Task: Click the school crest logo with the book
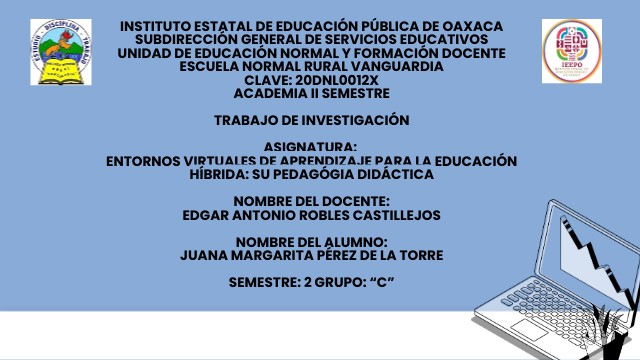[60, 52]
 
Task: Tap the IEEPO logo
[572, 50]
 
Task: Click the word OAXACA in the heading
[469, 25]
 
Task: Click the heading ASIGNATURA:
[311, 147]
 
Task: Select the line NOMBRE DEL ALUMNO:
[311, 241]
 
